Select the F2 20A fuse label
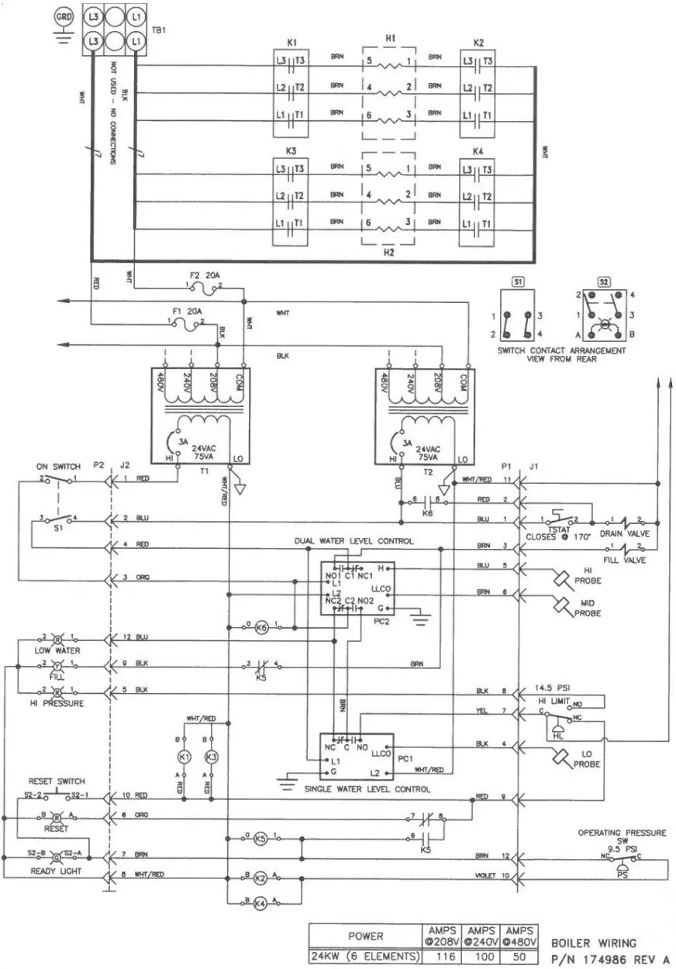pyautogui.click(x=204, y=276)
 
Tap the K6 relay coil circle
pyautogui.click(x=261, y=627)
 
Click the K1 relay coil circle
pyautogui.click(x=184, y=756)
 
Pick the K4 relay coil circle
pyautogui.click(x=261, y=902)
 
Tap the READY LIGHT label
pyautogui.click(x=56, y=871)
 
